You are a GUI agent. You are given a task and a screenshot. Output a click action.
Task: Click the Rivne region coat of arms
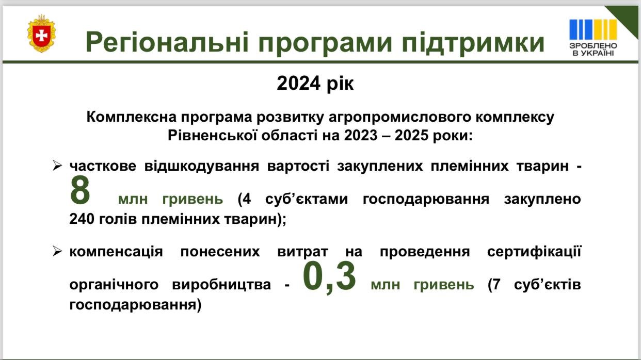point(41,34)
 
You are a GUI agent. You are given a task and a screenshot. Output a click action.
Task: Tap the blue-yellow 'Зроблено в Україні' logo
point(593,38)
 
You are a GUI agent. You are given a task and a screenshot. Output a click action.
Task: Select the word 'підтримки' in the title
point(473,43)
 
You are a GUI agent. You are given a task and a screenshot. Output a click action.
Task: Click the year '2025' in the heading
point(411,135)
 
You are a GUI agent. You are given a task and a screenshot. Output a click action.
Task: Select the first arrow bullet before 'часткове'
point(57,166)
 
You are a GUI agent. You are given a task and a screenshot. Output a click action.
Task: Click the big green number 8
point(80,190)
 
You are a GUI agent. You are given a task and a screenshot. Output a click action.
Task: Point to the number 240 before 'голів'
point(82,219)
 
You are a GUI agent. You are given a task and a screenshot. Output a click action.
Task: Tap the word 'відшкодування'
point(202,167)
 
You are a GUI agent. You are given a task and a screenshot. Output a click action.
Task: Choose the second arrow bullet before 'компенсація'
point(57,251)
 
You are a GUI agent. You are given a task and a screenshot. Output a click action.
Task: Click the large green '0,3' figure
point(329,277)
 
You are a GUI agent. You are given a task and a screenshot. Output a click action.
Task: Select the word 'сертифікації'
point(534,252)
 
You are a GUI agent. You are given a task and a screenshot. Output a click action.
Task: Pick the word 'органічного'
point(114,285)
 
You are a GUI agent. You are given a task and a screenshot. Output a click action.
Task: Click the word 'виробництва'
point(221,285)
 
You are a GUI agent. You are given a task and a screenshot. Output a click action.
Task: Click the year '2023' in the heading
point(361,135)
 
